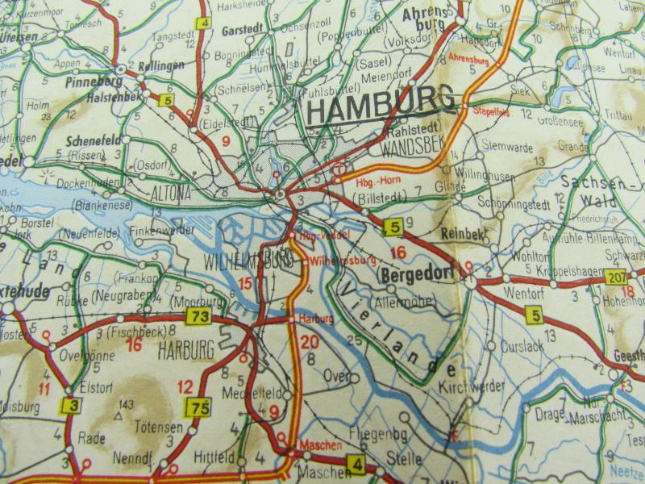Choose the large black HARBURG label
tap(188, 350)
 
